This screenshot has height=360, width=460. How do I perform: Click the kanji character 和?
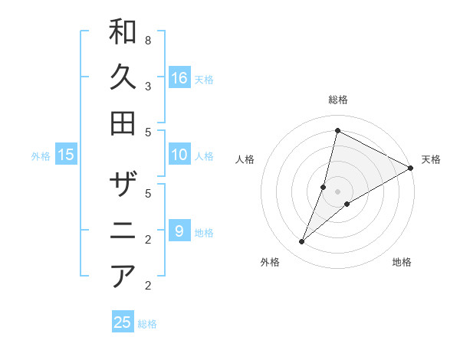point(123,32)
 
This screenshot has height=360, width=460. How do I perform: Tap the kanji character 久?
point(123,77)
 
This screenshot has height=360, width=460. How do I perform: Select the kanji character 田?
point(123,123)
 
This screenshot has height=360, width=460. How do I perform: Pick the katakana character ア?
point(123,275)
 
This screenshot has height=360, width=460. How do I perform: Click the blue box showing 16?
point(179,77)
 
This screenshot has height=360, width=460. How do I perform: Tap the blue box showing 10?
point(179,155)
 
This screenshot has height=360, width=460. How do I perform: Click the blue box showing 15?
point(66,155)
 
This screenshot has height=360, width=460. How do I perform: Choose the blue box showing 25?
point(123,322)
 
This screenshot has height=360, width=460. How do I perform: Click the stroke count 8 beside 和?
point(147,40)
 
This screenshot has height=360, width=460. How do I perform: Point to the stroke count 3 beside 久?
point(147,86)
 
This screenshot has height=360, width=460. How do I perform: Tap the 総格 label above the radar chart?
point(337,100)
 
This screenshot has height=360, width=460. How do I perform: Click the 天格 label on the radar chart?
point(431,159)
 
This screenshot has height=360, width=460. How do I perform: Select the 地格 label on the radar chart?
point(402,263)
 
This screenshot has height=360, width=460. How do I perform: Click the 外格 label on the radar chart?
point(270,263)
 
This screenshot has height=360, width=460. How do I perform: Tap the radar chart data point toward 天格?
point(410,168)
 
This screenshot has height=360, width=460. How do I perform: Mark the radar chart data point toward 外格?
point(302,242)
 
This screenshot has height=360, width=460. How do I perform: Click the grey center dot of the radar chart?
point(337,191)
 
